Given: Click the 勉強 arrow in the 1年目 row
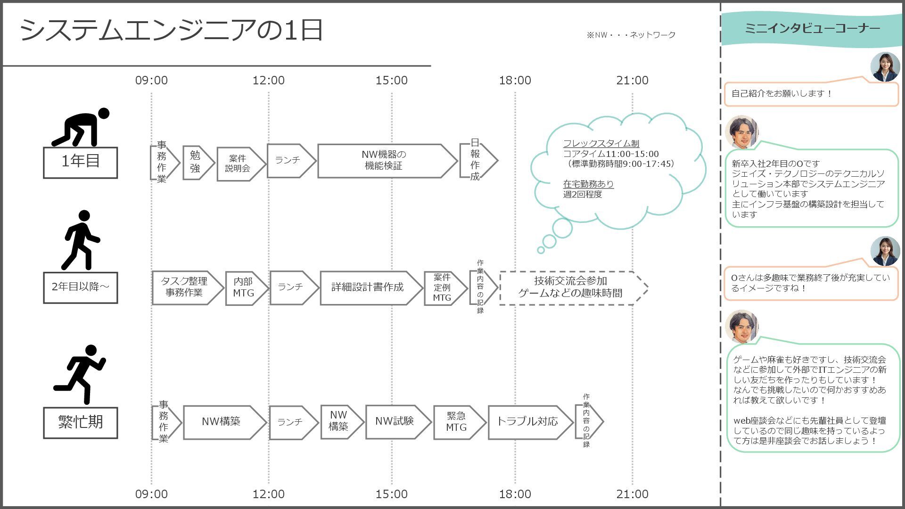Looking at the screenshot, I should pyautogui.click(x=196, y=162).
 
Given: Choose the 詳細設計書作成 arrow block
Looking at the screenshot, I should pyautogui.click(x=368, y=287).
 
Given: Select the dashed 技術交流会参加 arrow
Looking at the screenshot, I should pyautogui.click(x=571, y=287).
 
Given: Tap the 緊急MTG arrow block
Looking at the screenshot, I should pyautogui.click(x=457, y=422).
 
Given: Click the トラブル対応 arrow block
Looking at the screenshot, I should pyautogui.click(x=527, y=422).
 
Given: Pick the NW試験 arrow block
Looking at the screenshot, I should pyautogui.click(x=395, y=421).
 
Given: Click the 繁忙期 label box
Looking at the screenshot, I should pyautogui.click(x=81, y=422).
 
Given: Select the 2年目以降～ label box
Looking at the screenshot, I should pyautogui.click(x=81, y=287).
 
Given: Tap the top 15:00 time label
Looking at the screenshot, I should pyautogui.click(x=391, y=81).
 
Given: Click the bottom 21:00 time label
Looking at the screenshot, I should pyautogui.click(x=632, y=494).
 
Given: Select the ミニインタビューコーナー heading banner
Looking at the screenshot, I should pyautogui.click(x=812, y=29).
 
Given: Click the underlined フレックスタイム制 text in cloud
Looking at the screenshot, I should pyautogui.click(x=601, y=144).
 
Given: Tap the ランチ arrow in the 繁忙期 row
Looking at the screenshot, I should pyautogui.click(x=291, y=422).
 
